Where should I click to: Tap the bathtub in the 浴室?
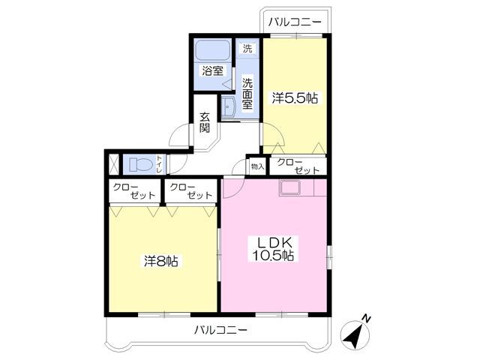click(x=213, y=50)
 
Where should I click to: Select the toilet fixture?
click(x=141, y=164)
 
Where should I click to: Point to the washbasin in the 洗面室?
click(x=227, y=106)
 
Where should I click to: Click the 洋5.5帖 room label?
click(x=295, y=98)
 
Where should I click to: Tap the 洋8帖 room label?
click(x=161, y=261)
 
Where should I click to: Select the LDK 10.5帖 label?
click(x=273, y=248)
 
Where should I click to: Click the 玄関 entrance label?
click(x=205, y=122)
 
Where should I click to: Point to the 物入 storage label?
click(x=257, y=166)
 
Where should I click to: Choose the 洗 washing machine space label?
click(x=247, y=48)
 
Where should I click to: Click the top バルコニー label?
click(x=295, y=22)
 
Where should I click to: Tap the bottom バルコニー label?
click(x=221, y=330)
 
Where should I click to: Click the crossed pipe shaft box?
click(x=114, y=164)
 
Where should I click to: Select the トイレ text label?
click(x=159, y=165)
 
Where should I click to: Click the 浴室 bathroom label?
click(x=212, y=70)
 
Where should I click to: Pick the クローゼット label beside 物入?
click(x=298, y=166)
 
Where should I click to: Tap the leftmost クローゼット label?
click(x=134, y=191)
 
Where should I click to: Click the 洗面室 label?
click(x=247, y=94)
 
